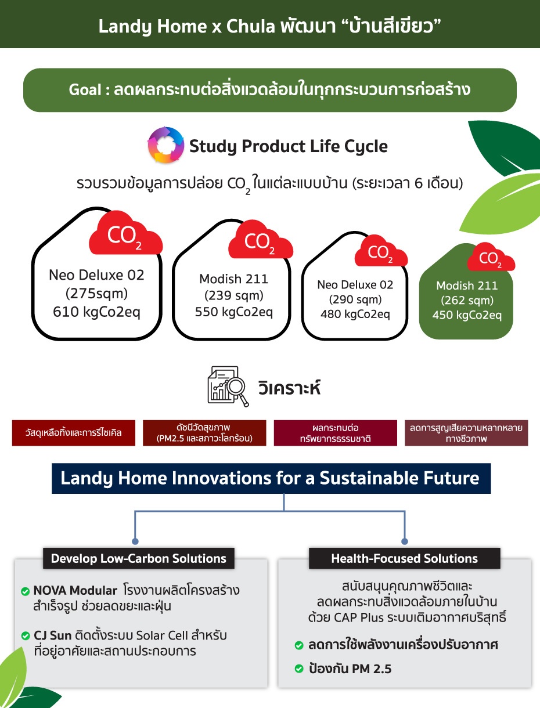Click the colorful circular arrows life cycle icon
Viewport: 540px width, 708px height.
point(166,145)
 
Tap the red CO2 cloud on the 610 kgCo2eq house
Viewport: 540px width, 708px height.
point(126,233)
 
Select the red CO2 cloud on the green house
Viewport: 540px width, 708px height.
point(491,257)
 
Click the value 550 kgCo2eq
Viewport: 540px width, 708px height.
point(234,312)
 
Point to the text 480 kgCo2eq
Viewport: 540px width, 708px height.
point(355,314)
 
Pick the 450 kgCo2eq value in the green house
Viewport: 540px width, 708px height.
point(467,315)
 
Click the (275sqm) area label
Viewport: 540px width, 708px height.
point(96,294)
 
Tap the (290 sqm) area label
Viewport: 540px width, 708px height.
point(355,299)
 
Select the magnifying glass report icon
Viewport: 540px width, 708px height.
point(228,386)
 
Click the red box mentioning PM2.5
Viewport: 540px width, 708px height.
point(204,433)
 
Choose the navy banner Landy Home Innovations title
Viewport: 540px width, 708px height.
point(271,478)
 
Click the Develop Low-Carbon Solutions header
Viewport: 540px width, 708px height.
point(139,558)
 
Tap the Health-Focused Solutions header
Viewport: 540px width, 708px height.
point(405,558)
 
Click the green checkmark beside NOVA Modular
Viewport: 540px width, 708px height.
point(25,591)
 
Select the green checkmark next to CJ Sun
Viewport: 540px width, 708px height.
point(25,635)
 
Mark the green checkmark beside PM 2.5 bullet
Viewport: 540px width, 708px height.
point(299,669)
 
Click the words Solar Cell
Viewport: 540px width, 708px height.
point(162,635)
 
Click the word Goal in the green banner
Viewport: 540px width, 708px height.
point(85,90)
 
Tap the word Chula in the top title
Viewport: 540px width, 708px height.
point(251,26)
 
